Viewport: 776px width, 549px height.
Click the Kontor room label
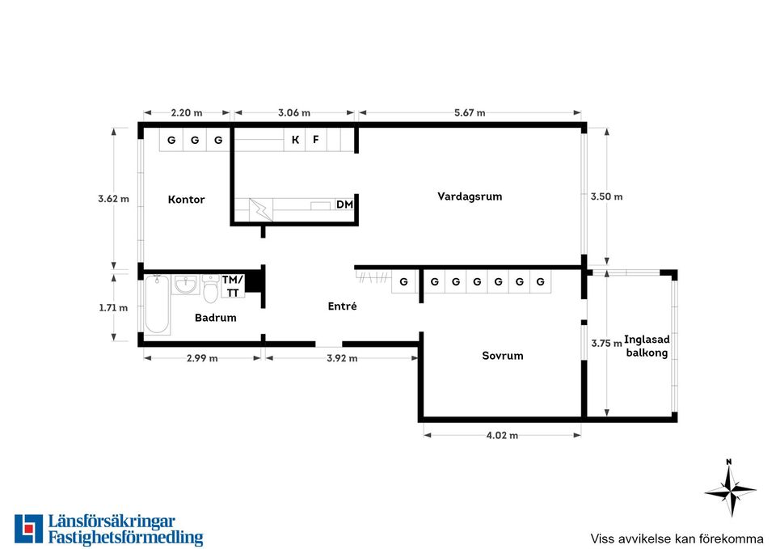pyautogui.click(x=186, y=200)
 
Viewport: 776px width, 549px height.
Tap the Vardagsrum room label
pyautogui.click(x=470, y=196)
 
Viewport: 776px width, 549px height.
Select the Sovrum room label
pyautogui.click(x=502, y=356)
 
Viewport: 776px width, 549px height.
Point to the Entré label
pyautogui.click(x=342, y=306)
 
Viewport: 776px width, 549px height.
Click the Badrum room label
pyautogui.click(x=215, y=317)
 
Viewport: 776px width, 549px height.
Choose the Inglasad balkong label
pyautogui.click(x=647, y=346)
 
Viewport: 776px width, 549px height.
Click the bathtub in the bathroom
pyautogui.click(x=158, y=305)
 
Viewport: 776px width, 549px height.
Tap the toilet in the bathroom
pyautogui.click(x=211, y=288)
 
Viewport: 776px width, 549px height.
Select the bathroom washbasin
pyautogui.click(x=186, y=285)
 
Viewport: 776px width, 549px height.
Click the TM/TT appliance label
pyautogui.click(x=233, y=286)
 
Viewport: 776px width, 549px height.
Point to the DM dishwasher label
pyautogui.click(x=344, y=204)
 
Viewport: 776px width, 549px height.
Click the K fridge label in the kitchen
pyautogui.click(x=295, y=140)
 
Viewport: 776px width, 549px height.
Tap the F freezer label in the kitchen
pyautogui.click(x=316, y=140)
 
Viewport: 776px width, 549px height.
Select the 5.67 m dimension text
pyautogui.click(x=470, y=113)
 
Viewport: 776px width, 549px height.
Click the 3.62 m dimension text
pyautogui.click(x=113, y=199)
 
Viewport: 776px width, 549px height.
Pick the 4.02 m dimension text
pyautogui.click(x=502, y=436)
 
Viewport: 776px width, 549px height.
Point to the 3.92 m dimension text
pyautogui.click(x=342, y=358)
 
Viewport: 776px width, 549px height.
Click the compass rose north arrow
pyautogui.click(x=730, y=489)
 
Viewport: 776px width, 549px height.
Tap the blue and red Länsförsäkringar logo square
pyautogui.click(x=29, y=529)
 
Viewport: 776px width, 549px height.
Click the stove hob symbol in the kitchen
pyautogui.click(x=260, y=210)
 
